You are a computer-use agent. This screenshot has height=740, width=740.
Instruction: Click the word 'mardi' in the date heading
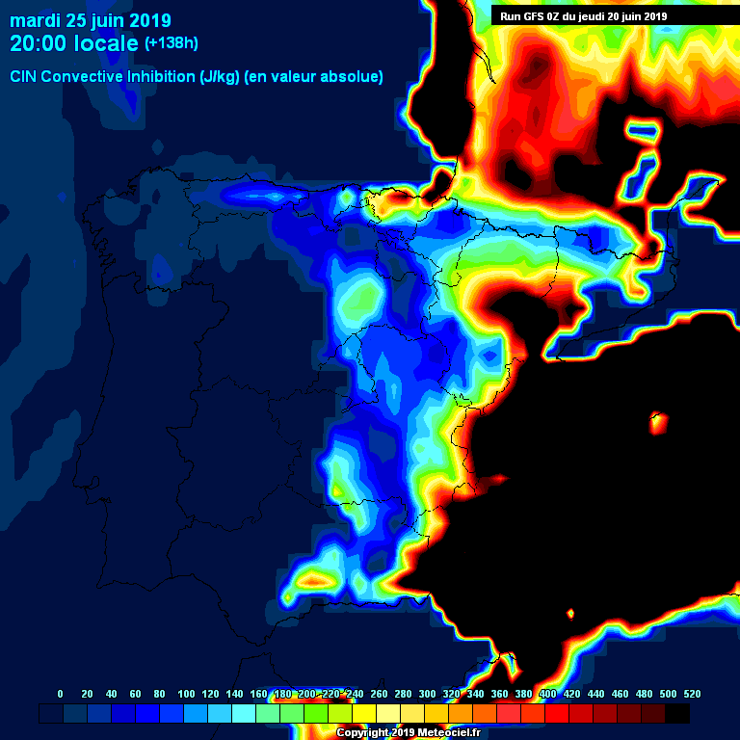(35, 20)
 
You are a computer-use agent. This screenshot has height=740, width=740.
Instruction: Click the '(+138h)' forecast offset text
(172, 43)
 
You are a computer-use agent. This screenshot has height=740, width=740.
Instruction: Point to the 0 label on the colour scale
(61, 694)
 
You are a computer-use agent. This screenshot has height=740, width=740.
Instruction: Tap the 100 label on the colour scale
(186, 694)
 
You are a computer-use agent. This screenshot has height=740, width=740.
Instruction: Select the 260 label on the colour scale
(379, 694)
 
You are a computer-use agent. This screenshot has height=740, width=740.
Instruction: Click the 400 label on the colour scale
(547, 694)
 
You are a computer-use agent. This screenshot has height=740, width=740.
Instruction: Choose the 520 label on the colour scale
(692, 694)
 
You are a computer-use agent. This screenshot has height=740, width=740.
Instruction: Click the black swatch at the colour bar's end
(677, 713)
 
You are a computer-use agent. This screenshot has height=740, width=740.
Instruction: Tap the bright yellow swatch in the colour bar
(364, 713)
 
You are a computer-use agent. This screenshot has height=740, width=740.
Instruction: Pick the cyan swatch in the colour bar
(244, 713)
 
